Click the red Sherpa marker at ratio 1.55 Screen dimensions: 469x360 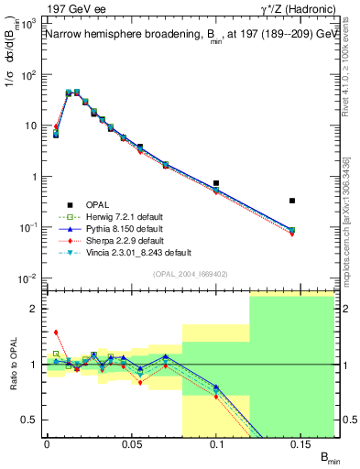pyautogui.click(x=56, y=333)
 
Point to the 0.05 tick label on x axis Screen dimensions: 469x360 pyautogui.click(x=131, y=443)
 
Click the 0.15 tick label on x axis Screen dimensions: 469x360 pyautogui.click(x=301, y=443)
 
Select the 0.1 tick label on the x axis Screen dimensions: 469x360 pyautogui.click(x=217, y=443)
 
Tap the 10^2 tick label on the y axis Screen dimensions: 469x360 pyautogui.click(x=27, y=74)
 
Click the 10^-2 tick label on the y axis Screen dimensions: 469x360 pyautogui.click(x=27, y=278)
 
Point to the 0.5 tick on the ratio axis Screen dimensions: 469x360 pyautogui.click(x=31, y=420)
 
